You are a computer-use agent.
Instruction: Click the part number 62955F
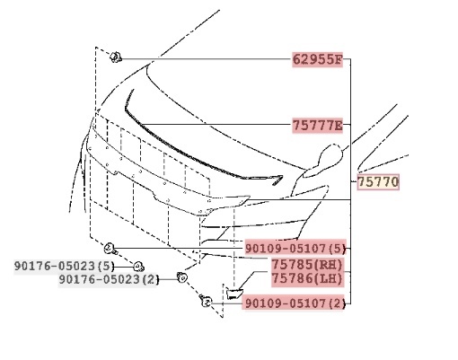pyautogui.click(x=317, y=59)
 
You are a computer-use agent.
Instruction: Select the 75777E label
pyautogui.click(x=317, y=126)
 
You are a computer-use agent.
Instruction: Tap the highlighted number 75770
pyautogui.click(x=378, y=182)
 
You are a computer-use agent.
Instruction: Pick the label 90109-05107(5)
pyautogui.click(x=295, y=248)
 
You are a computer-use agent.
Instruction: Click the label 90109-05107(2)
pyautogui.click(x=295, y=303)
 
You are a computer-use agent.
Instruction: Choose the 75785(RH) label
pyautogui.click(x=307, y=265)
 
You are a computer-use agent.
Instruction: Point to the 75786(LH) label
pyautogui.click(x=307, y=278)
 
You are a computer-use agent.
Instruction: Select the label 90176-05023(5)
pyautogui.click(x=65, y=266)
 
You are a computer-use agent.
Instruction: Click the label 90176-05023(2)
pyautogui.click(x=108, y=280)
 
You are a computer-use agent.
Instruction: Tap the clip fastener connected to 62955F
pyautogui.click(x=115, y=57)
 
